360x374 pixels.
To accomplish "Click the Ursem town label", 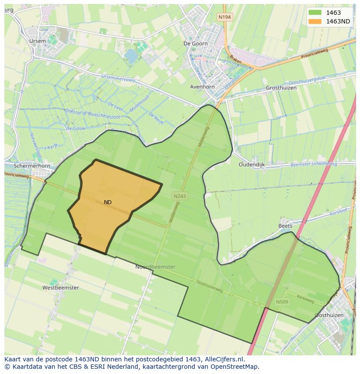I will coord(37,41).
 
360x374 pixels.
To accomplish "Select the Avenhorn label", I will coord(202,87).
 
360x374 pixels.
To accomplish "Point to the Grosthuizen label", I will coord(281,88).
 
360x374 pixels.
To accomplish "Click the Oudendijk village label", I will coord(252,165).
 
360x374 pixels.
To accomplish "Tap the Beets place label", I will coord(285,226).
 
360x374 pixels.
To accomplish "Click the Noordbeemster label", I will coord(155,267).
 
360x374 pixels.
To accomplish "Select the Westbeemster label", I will coord(60,288).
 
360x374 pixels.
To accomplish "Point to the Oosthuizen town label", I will coord(329,315).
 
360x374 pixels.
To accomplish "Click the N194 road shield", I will coord(225,17).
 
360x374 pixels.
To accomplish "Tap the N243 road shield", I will coord(179,196).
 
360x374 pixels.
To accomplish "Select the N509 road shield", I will coord(282,301).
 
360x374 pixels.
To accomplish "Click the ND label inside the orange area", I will coord(107,202).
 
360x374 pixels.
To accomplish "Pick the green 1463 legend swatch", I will coord(315,13).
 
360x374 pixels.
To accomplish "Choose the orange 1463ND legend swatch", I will coord(315,21).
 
